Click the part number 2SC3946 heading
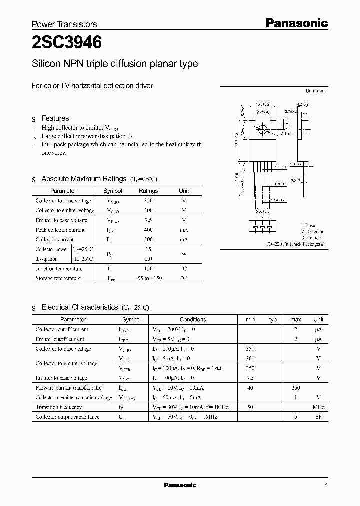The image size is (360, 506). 67,43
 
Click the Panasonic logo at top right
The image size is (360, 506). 296,23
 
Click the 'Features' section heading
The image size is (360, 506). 55,118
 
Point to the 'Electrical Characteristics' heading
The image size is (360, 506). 80,307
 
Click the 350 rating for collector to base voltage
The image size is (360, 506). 148,201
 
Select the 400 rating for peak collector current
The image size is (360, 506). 148,230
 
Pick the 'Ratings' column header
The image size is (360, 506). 148,191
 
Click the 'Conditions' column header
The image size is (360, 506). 192,319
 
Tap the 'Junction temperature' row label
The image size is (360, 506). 59,269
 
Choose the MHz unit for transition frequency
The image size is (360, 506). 318,407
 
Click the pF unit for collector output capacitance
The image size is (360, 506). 318,417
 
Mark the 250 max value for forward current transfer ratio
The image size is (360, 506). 295,388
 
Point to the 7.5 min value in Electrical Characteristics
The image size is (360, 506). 250,378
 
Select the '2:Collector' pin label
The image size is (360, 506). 312,232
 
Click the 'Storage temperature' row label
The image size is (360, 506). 58,278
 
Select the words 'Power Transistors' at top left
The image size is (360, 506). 64,24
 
